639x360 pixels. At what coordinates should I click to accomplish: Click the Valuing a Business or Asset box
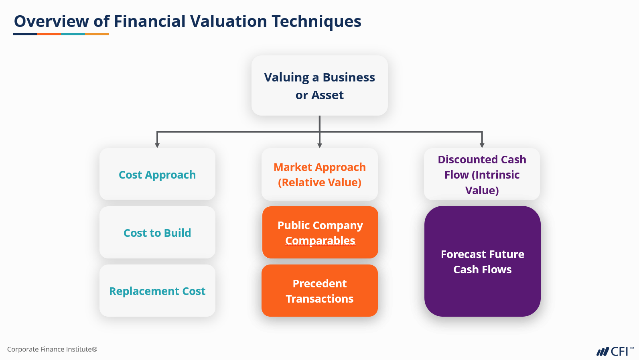[x=319, y=85]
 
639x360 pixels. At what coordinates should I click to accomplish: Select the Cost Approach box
[x=157, y=174]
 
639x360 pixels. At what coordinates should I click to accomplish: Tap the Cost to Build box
[x=157, y=232]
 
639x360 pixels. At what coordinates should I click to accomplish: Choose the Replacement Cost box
[x=157, y=291]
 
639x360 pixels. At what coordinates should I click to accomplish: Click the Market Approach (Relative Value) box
[x=319, y=174]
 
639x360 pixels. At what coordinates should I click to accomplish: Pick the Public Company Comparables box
[x=320, y=232]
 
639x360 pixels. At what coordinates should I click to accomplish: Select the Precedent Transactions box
[x=319, y=291]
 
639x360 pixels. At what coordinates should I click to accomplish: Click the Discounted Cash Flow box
[x=482, y=174]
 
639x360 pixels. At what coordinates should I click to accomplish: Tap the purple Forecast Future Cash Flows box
[x=482, y=261]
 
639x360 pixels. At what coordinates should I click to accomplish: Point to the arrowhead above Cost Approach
[x=157, y=145]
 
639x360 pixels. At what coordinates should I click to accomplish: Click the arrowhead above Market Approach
[x=320, y=145]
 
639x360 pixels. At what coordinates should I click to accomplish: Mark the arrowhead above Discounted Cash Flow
[x=482, y=145]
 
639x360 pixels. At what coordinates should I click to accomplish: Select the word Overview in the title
[x=51, y=22]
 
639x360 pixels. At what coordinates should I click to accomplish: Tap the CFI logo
[x=614, y=352]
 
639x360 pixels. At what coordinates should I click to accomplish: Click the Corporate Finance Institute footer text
[x=52, y=349]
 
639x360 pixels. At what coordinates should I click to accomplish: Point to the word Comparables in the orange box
[x=320, y=240]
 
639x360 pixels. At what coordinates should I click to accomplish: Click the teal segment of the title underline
[x=73, y=34]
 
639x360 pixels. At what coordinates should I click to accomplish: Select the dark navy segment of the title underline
[x=25, y=34]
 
